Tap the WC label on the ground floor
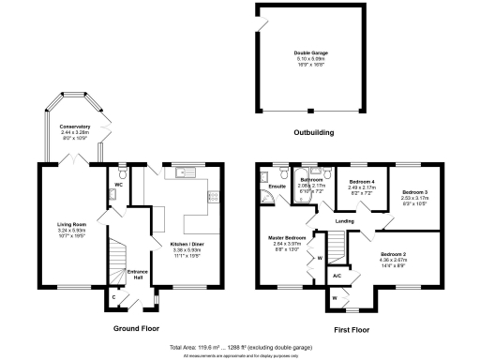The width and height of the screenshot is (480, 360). tap(118, 185)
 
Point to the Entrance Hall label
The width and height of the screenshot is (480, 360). tap(136, 275)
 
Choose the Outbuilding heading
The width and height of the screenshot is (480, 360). tap(313, 133)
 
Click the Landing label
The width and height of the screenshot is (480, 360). tap(344, 221)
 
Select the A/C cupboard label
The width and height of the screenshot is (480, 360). tap(337, 276)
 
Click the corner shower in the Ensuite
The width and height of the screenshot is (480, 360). tap(265, 174)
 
